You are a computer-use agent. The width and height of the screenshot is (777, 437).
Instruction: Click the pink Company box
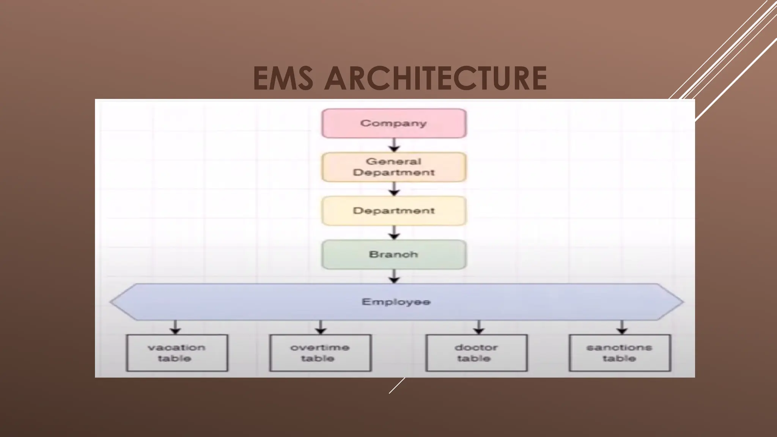point(394,123)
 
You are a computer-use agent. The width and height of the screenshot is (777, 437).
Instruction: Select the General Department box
point(394,167)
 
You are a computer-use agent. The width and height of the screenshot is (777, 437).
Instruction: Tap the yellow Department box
point(394,211)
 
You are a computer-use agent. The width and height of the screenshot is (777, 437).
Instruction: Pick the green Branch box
point(394,255)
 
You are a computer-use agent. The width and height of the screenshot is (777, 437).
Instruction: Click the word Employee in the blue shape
point(396,302)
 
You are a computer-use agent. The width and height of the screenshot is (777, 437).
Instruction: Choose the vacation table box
point(177,353)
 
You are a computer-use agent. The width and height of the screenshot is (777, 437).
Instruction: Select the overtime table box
point(320,353)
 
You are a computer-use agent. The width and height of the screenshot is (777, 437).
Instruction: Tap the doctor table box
point(477,353)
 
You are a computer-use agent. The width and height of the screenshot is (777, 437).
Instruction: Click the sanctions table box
point(620,353)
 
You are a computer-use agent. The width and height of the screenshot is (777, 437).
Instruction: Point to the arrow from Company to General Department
point(394,145)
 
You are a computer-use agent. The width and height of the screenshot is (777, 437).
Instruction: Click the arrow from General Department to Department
point(394,189)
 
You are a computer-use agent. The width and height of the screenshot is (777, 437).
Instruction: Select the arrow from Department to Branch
point(394,233)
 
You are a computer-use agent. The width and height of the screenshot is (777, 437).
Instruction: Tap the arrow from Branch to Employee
point(394,276)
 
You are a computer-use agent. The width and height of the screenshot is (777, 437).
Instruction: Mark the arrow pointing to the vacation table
point(175,327)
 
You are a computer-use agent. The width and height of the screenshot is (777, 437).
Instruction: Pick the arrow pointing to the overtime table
point(321,327)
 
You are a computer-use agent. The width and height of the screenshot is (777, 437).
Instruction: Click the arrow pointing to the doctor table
point(479,327)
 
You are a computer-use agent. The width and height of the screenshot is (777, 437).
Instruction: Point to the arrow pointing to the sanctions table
point(621,327)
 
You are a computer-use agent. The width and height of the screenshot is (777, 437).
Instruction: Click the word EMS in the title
point(283,79)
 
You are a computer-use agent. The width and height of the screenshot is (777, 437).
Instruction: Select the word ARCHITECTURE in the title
point(435,79)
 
